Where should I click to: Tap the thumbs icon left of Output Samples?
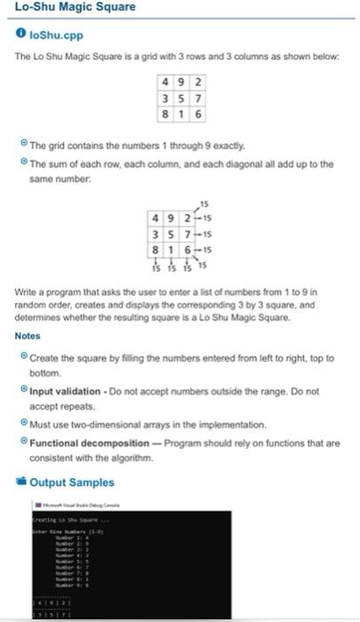pos(20,482)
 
